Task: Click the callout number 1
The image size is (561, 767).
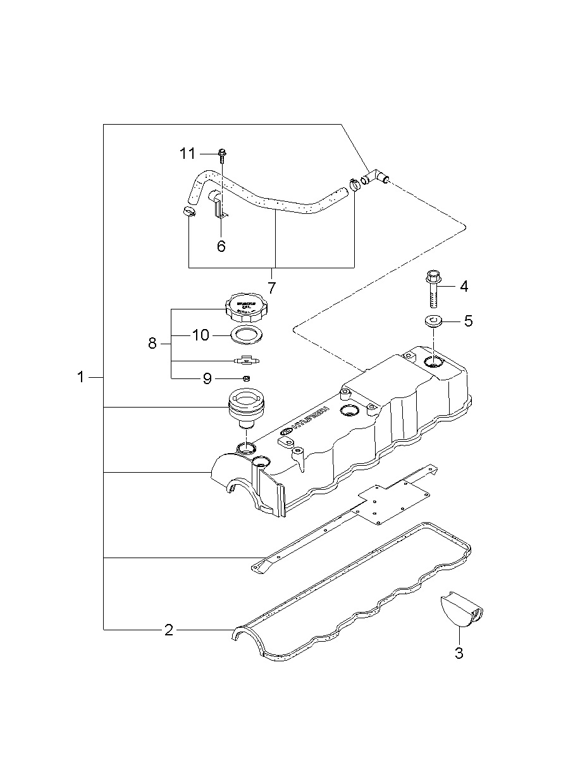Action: [x=80, y=377]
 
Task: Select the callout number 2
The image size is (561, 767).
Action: [x=168, y=630]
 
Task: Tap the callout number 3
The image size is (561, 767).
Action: [x=459, y=653]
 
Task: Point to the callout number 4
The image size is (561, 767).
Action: [x=464, y=286]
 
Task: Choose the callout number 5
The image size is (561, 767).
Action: [x=468, y=321]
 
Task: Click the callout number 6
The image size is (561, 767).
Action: [x=221, y=246]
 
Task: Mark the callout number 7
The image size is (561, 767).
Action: [x=272, y=288]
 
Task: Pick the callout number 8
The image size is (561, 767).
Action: [x=152, y=344]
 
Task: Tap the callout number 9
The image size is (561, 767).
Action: [x=207, y=378]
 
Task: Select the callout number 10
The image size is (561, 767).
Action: [x=200, y=335]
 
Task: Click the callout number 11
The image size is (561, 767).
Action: [x=188, y=154]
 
